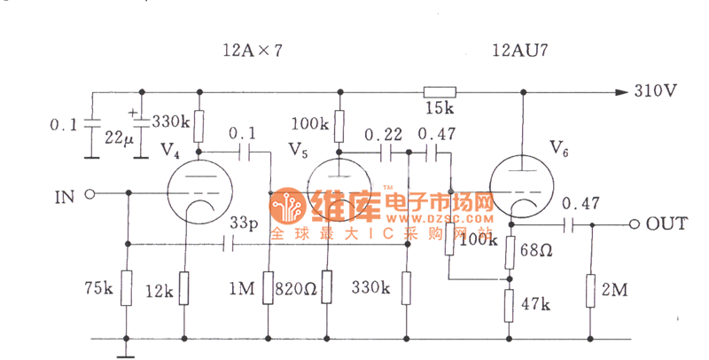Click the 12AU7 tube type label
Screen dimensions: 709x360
point(520,51)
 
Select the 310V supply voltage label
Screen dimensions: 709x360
point(655,91)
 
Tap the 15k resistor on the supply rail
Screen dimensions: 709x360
point(439,91)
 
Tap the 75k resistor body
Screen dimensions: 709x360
point(127,288)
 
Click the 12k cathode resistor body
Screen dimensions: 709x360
point(184,288)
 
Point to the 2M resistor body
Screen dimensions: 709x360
point(590,289)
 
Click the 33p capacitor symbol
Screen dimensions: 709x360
point(232,243)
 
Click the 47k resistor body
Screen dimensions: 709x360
point(510,304)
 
